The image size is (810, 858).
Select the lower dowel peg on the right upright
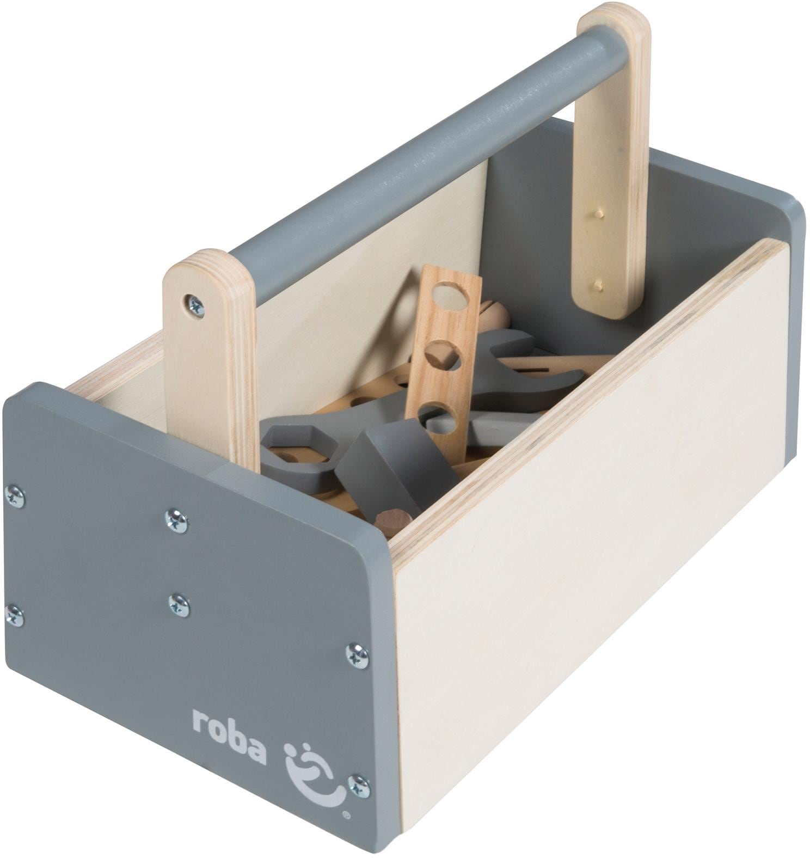tap(598, 284)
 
